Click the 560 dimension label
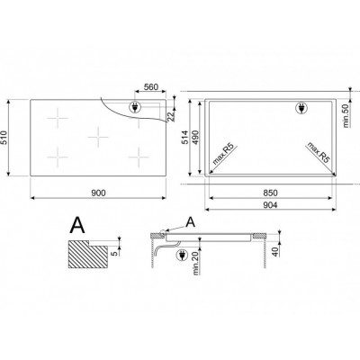[x=151, y=87]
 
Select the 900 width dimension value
[x=98, y=193]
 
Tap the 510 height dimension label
[x=4, y=138]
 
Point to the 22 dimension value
[x=171, y=116]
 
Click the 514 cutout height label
[x=184, y=137]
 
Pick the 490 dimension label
[x=195, y=137]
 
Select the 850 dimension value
[x=270, y=193]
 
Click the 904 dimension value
[x=270, y=205]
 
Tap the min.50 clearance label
[x=346, y=115]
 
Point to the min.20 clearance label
[x=196, y=264]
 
